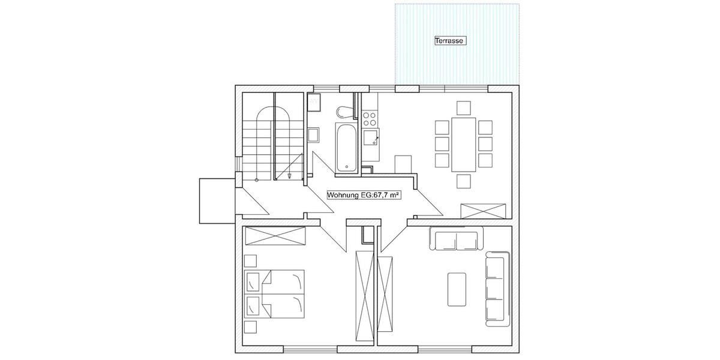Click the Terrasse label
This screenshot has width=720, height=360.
450,41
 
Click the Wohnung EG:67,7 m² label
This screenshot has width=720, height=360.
363,195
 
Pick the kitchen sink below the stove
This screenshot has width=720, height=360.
371,139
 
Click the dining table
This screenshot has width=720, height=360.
463,144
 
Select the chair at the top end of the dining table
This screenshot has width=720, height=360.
463,108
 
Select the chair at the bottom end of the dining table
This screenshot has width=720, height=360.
463,181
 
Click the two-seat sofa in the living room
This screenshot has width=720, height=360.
455,238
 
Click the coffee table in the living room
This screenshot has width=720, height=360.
457,289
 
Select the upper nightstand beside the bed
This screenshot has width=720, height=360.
250,261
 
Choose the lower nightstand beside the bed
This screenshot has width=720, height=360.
250,326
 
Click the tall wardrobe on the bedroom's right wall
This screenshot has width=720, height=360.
363,294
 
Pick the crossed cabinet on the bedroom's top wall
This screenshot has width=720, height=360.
275,236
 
